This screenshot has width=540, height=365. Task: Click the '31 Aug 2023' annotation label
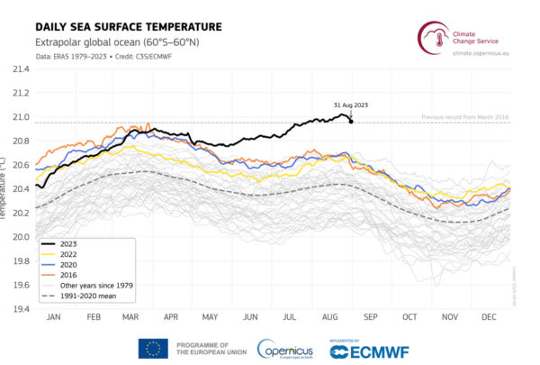coord(351,105)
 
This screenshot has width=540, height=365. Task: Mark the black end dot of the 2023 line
coord(351,122)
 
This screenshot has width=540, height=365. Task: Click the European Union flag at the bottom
coord(152,348)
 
